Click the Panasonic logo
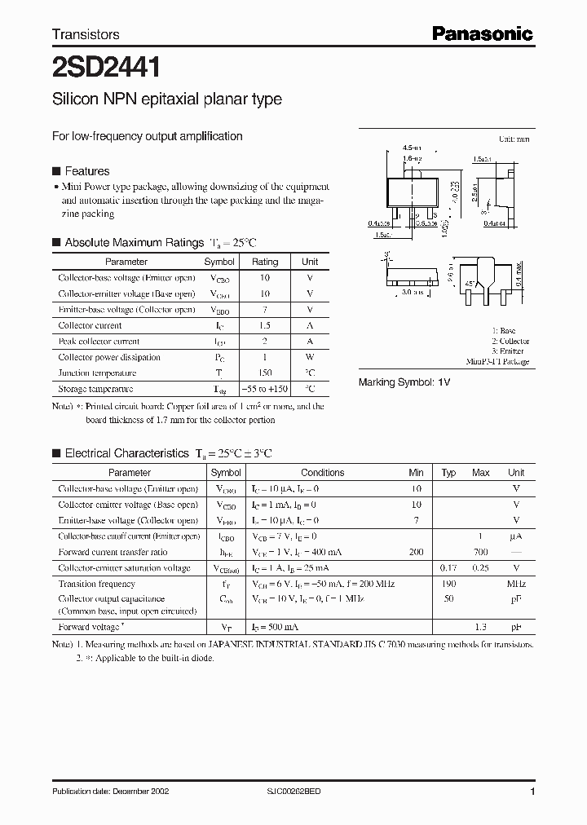pos(482,33)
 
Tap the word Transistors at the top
pos(86,34)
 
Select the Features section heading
pos(86,171)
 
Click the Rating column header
pos(264,262)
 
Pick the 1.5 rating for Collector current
pos(264,325)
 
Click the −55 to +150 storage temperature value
pos(264,389)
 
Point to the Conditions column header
pos(323,473)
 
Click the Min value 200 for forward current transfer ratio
pos(416,552)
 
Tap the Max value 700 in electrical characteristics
pos(480,552)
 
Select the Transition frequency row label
pos(97,584)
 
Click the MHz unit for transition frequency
pos(515,584)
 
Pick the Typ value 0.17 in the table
pos(448,567)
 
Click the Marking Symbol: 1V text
pos(404,382)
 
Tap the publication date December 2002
pos(110,792)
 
